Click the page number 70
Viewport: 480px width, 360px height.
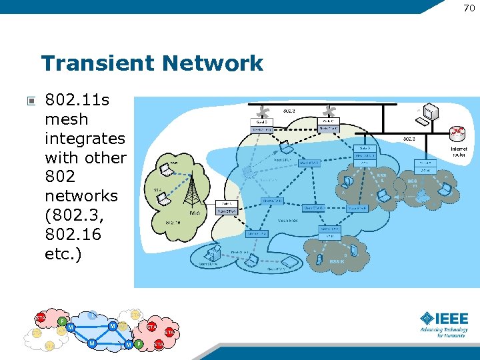coord(469,7)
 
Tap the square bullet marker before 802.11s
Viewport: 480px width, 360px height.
coord(31,102)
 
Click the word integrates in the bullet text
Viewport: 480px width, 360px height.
coord(85,139)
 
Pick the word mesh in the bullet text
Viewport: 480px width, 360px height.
coord(66,119)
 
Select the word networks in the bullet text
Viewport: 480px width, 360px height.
coord(81,197)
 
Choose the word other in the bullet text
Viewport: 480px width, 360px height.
coord(105,158)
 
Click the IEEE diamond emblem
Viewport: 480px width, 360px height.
coord(427,318)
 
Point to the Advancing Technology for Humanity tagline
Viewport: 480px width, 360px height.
coord(444,333)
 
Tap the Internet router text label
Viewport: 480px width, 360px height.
coord(459,151)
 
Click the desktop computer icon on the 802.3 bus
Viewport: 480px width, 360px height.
coord(424,114)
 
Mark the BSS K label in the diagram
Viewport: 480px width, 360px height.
coord(337,262)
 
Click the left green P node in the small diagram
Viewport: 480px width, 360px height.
coord(62,321)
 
